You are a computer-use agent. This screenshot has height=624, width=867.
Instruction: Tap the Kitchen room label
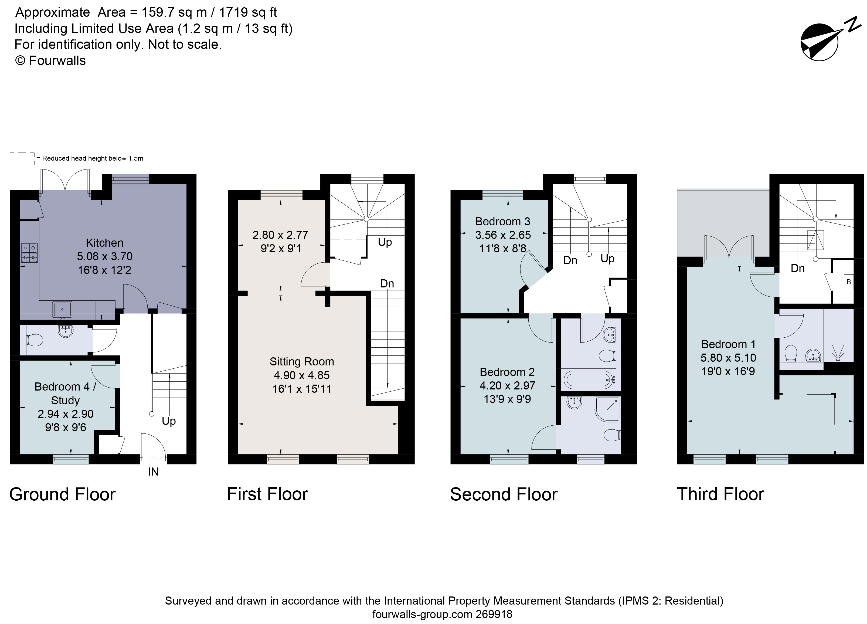pos(104,243)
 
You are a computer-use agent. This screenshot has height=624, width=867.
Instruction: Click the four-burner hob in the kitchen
pos(29,253)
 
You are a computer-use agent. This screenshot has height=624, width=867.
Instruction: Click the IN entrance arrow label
pos(153,472)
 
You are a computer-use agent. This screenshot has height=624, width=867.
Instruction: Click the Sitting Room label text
pos(302,361)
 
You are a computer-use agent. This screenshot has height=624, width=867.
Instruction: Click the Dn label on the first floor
pos(387,283)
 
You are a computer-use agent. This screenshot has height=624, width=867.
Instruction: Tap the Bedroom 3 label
pos(502,221)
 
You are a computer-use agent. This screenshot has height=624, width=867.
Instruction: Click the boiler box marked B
pos(849,282)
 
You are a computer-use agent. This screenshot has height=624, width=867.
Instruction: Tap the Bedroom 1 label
pos(728,344)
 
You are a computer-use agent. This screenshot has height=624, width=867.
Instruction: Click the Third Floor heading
pos(720,494)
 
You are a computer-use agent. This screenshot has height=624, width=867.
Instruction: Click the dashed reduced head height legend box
pos(22,159)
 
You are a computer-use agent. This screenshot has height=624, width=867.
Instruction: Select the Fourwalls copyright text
pos(50,61)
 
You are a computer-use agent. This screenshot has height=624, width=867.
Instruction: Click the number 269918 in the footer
pos(494,615)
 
